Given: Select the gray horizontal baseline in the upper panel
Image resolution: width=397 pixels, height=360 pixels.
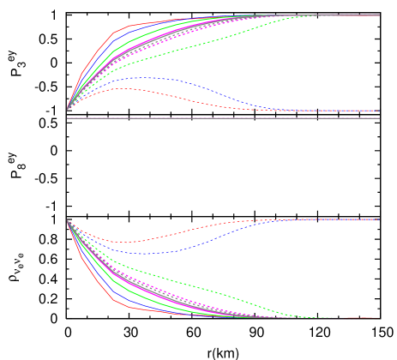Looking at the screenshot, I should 223,118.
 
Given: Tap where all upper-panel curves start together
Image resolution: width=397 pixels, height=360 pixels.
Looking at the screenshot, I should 68,110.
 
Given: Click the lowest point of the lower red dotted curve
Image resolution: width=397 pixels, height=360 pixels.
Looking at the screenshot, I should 125,243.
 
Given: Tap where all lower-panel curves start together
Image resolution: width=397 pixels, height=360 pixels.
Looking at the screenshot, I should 68,221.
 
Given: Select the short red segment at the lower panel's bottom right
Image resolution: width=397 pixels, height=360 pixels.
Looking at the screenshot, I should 360,317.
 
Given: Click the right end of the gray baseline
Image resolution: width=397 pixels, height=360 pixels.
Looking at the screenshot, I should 379,118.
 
